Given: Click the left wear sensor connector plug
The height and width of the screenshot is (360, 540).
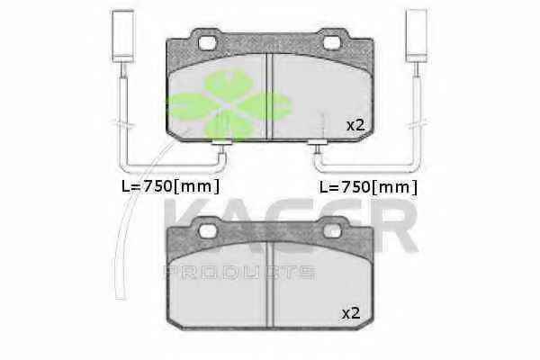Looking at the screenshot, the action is [122, 35].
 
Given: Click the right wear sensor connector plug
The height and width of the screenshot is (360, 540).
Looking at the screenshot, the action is [417, 35].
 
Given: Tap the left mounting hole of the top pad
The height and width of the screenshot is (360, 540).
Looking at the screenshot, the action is [207, 42].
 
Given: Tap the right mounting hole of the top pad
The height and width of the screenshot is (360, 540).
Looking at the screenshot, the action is [332, 42].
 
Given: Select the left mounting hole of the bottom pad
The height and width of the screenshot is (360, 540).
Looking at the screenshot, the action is [207, 230].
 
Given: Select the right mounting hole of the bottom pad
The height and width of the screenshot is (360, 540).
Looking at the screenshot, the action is [332, 230].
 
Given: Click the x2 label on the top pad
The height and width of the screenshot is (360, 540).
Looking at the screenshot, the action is [355, 126].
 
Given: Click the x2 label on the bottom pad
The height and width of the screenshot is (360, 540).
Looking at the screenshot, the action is [351, 313].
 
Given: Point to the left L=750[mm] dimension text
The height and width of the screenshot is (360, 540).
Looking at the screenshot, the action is [170, 186].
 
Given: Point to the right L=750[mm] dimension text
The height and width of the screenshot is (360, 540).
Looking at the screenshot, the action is [368, 187].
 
